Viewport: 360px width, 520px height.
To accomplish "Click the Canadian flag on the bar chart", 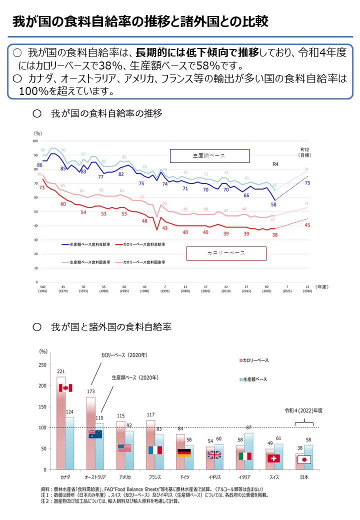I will coord(65,388).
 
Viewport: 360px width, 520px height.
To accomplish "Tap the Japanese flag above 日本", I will coord(304,459).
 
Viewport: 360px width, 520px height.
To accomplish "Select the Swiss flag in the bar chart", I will coord(274,458).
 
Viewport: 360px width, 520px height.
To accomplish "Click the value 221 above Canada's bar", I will coord(61,371).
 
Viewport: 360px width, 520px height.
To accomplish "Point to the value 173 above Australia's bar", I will coord(90,391).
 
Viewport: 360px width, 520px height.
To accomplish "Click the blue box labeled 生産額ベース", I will coord(209,156).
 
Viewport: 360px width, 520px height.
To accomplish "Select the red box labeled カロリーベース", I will coord(226,253).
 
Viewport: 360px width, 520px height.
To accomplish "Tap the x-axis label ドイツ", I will coord(184,477).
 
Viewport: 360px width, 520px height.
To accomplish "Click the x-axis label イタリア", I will coord(244,477).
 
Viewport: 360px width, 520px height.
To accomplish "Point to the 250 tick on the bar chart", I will coord(42,364).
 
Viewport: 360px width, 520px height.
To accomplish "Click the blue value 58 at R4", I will coord(273,204).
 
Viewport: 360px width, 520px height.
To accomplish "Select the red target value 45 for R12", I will coord(307,225).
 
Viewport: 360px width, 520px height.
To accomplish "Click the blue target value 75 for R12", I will coord(307,183).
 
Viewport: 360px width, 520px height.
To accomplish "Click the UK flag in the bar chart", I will coord(214,454).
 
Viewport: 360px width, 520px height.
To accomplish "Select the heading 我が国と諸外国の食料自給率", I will coord(111,327).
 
